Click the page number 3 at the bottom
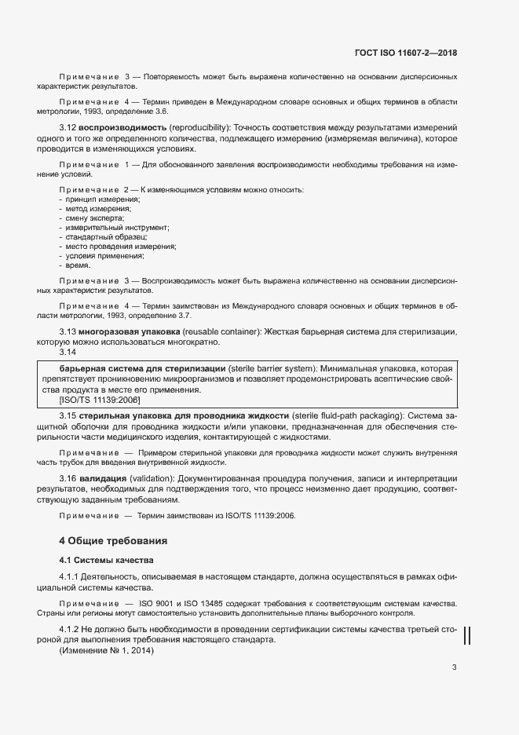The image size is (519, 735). (454, 667)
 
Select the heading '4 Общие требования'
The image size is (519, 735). (113, 541)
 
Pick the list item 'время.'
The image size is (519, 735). (78, 265)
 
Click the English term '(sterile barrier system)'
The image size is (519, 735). (272, 368)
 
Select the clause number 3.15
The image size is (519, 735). (70, 415)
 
